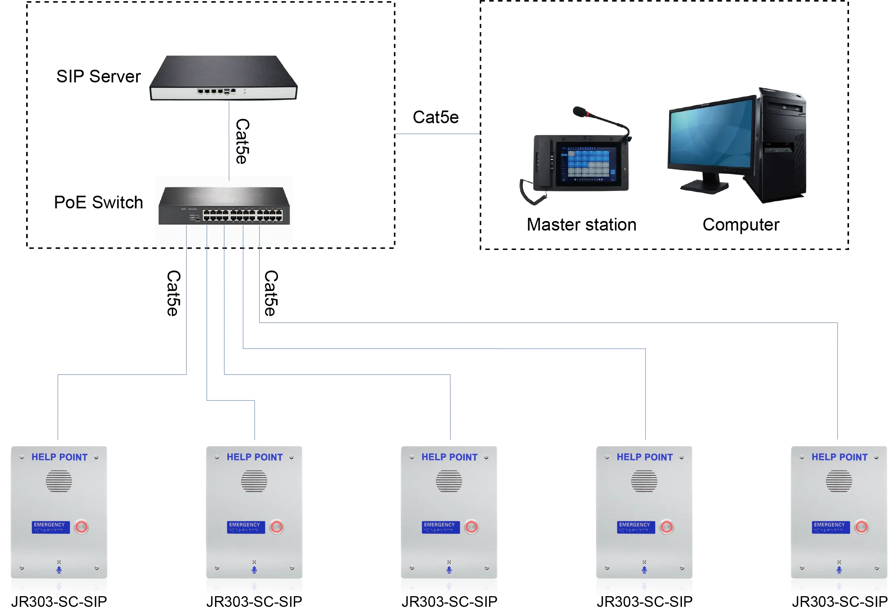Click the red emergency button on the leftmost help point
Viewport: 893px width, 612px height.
[82, 527]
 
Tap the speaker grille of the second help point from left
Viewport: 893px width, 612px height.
[254, 481]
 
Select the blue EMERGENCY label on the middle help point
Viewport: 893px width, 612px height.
[440, 527]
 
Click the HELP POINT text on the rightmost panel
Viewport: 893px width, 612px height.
[840, 457]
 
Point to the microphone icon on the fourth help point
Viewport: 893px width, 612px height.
[644, 570]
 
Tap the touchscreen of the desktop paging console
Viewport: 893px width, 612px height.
[588, 164]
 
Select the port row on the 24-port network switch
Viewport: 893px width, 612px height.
[242, 215]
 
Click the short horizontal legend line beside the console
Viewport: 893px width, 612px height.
[438, 135]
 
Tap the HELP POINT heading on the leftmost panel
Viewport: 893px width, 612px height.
[59, 457]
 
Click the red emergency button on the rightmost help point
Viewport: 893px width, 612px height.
[861, 527]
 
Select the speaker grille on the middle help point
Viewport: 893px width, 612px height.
[449, 481]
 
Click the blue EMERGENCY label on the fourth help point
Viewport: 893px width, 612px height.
[636, 527]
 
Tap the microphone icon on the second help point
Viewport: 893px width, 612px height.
[254, 570]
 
